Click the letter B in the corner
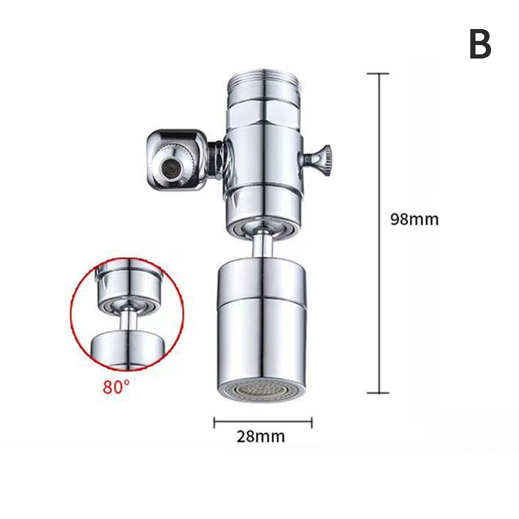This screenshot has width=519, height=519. (480, 44)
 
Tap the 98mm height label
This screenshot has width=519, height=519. (414, 219)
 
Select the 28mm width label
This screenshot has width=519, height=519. (261, 436)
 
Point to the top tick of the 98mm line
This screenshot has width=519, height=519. (378, 74)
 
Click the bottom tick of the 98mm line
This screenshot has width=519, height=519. (378, 393)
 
